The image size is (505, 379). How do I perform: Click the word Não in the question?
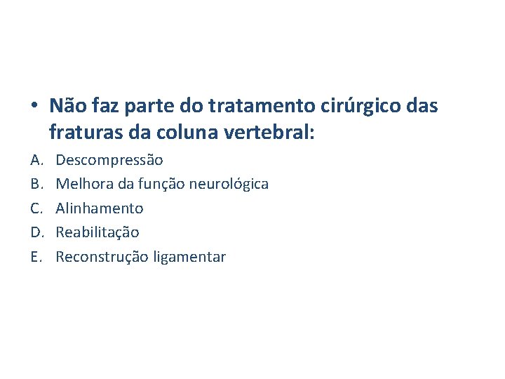pos(66,106)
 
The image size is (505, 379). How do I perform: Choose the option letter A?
pos(35,160)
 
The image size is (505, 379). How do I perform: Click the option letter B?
pos(35,184)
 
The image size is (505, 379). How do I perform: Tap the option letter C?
pos(35,208)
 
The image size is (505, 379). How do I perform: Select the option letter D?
pos(35,232)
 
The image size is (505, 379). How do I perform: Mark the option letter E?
pos(35,257)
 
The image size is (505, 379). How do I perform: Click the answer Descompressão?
pos(109,160)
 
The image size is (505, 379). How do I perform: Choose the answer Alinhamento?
pos(100,208)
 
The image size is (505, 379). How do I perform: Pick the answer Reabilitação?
pos(97,232)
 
